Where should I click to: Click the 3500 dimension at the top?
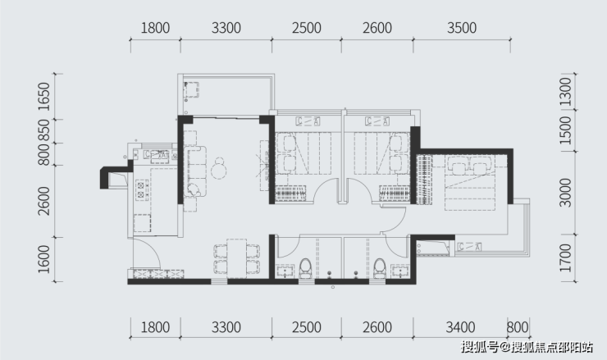[462, 28]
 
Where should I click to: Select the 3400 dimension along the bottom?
[460, 327]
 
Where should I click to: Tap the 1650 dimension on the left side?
[44, 97]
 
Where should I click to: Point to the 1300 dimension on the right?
[566, 92]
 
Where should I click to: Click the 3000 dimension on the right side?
[566, 193]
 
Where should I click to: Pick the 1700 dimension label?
[566, 257]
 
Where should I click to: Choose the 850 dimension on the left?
[44, 131]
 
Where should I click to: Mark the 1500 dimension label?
[566, 130]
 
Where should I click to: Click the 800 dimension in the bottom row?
[518, 327]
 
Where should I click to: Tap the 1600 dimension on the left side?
[44, 259]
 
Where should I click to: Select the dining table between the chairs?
[236, 258]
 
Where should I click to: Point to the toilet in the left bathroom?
[305, 269]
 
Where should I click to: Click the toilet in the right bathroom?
[380, 269]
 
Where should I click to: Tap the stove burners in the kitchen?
[141, 189]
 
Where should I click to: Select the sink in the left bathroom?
[286, 271]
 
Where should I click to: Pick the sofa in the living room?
[195, 171]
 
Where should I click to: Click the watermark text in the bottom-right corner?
[527, 347]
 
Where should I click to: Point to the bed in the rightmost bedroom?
[470, 183]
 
